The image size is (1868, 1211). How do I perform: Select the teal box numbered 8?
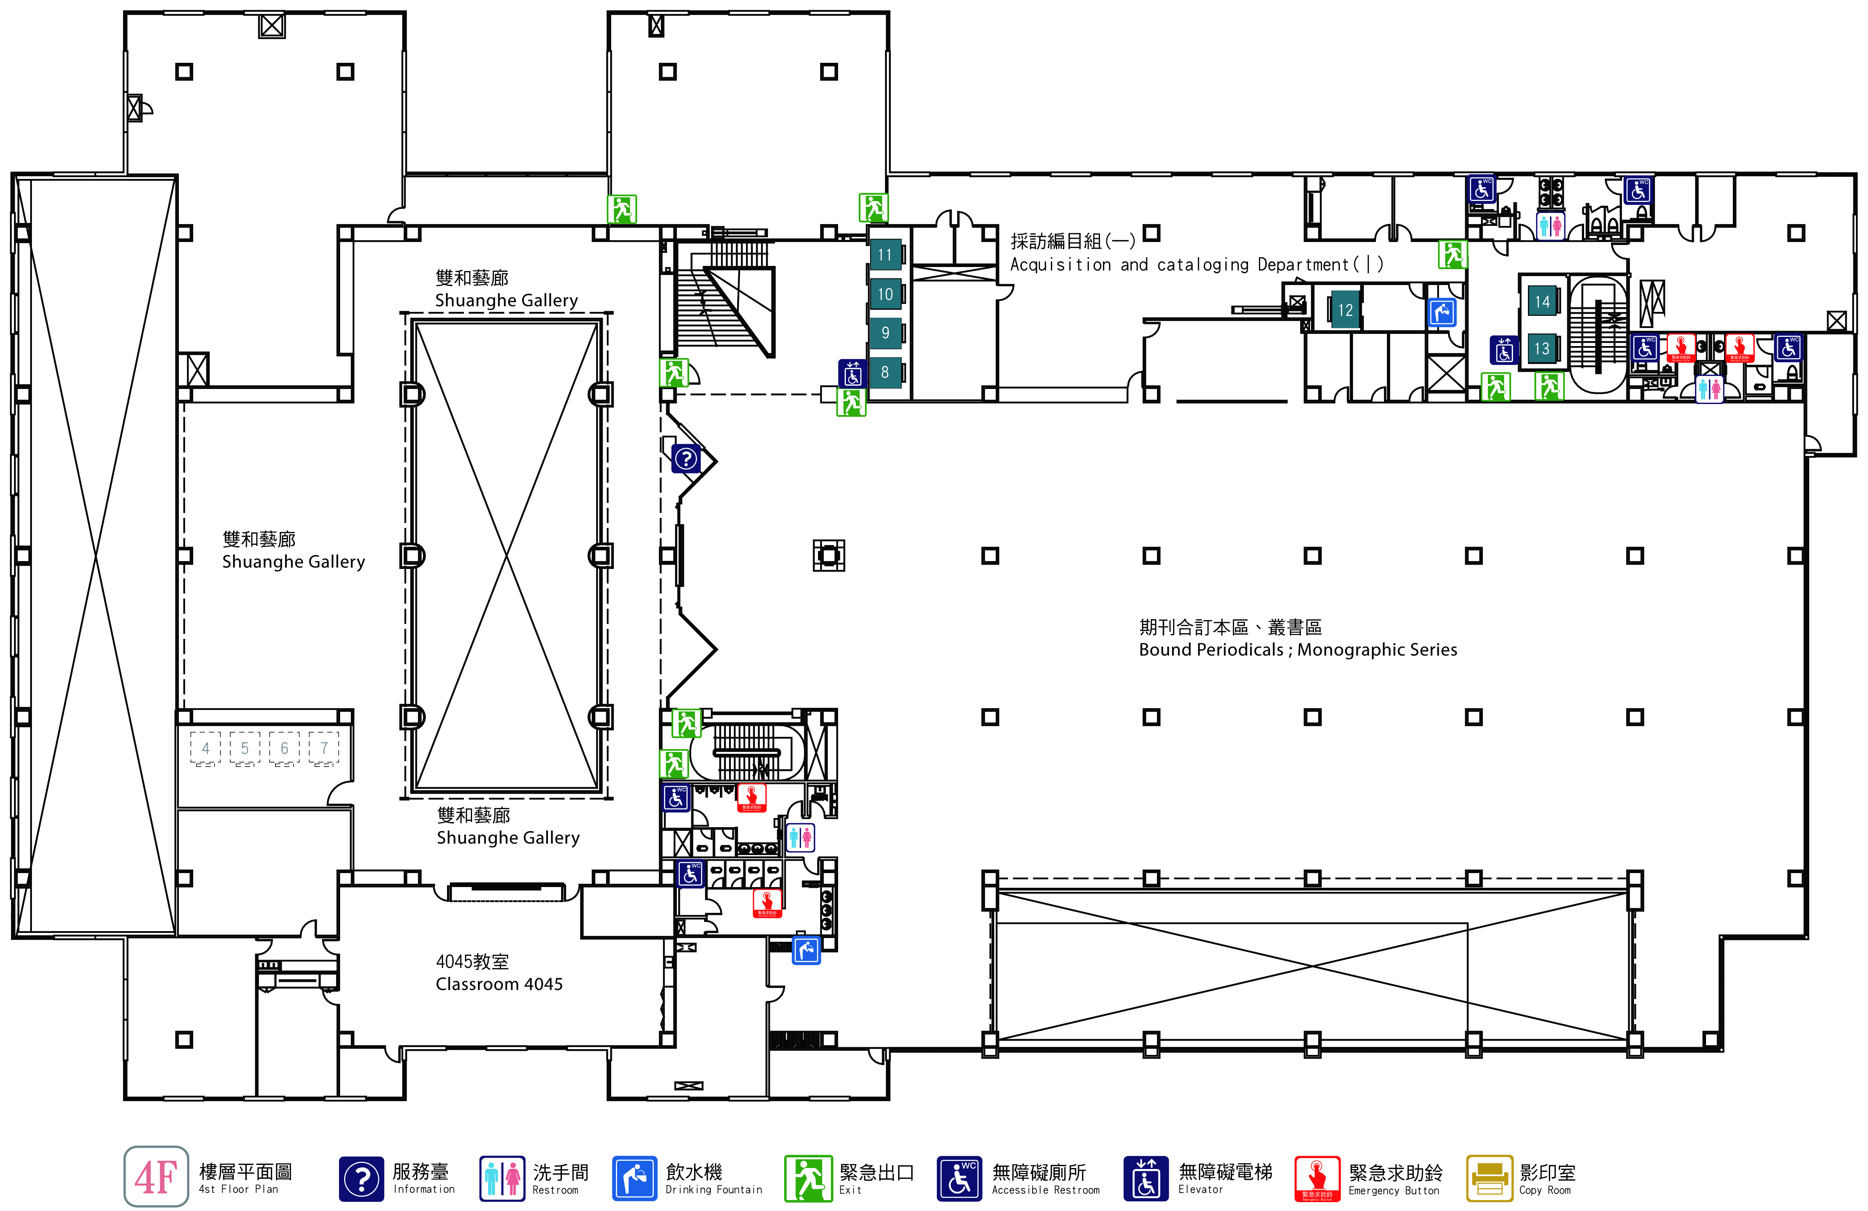884,372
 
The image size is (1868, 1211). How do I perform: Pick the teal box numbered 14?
1542,302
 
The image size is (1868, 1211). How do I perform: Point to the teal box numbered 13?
1542,349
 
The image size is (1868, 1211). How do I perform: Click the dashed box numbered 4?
206,748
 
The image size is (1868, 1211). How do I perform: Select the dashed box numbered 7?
323,748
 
